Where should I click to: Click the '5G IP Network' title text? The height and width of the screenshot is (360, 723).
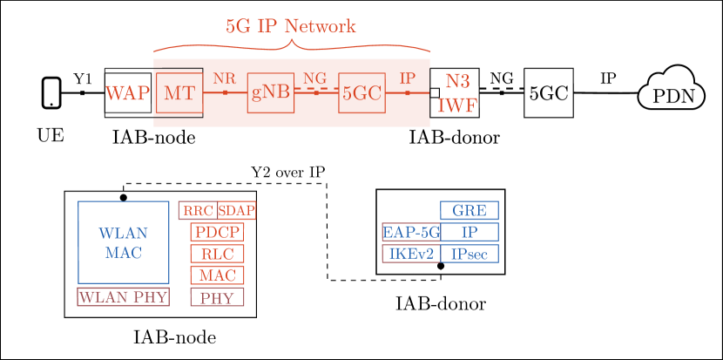[290, 26]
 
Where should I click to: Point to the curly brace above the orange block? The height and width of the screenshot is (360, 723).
[292, 46]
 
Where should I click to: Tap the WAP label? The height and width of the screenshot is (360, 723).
[127, 93]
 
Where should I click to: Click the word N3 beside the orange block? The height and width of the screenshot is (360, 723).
[457, 82]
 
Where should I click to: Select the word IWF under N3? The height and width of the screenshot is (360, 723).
[457, 106]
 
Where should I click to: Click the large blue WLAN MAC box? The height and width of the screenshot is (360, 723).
[123, 242]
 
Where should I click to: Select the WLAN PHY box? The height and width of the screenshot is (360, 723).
[122, 297]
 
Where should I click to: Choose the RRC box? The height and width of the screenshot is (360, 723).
[198, 211]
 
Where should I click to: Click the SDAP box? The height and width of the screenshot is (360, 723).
[236, 211]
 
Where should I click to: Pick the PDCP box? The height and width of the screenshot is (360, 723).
[217, 232]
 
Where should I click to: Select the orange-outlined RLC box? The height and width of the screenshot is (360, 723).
[217, 254]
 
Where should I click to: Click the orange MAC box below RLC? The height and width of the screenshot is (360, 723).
[217, 275]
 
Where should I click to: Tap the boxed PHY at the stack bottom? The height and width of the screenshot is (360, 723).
[217, 297]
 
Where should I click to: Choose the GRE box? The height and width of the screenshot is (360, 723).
[470, 210]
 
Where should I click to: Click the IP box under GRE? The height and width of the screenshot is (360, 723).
[470, 232]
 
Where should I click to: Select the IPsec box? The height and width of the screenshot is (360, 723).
[470, 254]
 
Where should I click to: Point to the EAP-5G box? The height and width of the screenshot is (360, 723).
[411, 232]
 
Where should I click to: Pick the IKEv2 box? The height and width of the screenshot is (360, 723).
[411, 254]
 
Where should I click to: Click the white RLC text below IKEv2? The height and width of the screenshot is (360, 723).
[416, 275]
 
